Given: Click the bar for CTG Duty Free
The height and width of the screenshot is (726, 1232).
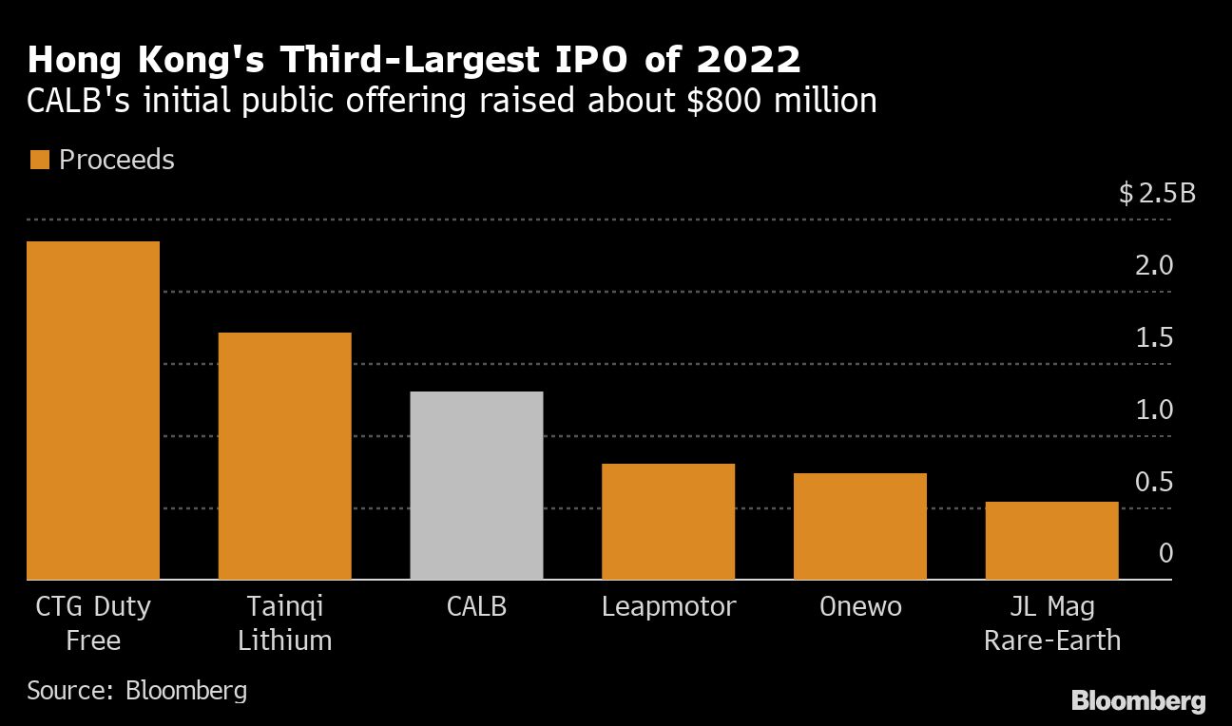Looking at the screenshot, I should (x=93, y=411).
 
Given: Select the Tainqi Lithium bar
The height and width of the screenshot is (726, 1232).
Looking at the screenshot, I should (x=284, y=456).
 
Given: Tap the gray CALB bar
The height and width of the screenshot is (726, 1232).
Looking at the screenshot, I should (x=476, y=486).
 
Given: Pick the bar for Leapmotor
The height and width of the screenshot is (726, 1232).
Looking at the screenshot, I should (x=668, y=522).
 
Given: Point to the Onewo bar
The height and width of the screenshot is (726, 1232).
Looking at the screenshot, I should (x=859, y=526).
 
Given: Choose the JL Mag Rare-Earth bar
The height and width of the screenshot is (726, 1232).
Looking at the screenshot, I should (x=1051, y=541).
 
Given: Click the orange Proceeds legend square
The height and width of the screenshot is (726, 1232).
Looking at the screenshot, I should (x=39, y=160).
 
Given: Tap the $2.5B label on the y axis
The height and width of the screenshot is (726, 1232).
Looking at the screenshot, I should (x=1157, y=194).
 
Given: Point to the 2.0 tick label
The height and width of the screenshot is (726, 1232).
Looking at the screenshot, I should (x=1155, y=265).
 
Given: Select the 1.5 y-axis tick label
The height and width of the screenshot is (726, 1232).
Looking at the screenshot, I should (x=1155, y=338).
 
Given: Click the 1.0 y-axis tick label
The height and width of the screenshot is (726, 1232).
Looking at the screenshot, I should (x=1155, y=411).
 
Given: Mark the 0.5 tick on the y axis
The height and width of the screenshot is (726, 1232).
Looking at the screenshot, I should (x=1155, y=483).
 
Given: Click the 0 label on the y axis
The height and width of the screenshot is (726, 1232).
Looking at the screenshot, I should (x=1165, y=553).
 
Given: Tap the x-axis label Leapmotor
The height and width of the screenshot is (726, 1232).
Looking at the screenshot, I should (x=668, y=606).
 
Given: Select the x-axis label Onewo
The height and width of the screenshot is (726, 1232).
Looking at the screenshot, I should (x=859, y=606).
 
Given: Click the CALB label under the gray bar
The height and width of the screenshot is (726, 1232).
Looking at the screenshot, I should (x=476, y=606).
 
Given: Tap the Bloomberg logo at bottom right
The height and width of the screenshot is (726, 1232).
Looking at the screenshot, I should (x=1138, y=701).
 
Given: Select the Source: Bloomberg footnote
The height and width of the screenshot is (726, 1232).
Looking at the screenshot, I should (x=137, y=690).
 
